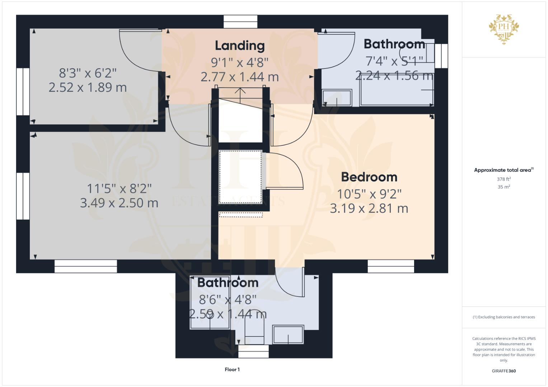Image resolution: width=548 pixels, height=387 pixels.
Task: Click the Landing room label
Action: tap(240, 46)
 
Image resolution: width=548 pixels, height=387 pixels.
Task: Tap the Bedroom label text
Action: tap(369, 177)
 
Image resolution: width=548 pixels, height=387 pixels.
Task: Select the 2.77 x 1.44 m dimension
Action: tap(239, 77)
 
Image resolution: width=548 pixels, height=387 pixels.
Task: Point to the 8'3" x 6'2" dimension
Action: tap(88, 73)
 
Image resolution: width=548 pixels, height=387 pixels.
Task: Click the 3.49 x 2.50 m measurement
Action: tap(119, 203)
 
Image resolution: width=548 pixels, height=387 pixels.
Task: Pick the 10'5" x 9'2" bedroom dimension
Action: tap(369, 194)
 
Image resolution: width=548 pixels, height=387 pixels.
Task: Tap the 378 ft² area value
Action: tap(503, 179)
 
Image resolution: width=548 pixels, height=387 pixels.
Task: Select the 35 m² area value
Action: tap(503, 187)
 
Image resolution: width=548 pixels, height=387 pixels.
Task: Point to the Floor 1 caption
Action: tap(232, 369)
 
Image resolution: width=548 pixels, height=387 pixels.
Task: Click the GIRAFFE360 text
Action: tap(503, 371)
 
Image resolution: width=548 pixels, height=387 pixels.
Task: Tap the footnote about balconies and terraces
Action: tap(503, 317)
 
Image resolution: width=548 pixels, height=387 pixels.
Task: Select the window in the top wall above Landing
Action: tap(240, 22)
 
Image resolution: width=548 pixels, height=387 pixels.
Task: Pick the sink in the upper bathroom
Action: tap(337, 98)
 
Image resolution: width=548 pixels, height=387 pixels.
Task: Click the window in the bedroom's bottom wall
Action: tap(390, 266)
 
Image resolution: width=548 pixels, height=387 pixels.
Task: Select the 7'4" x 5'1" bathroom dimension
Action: tap(394, 61)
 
